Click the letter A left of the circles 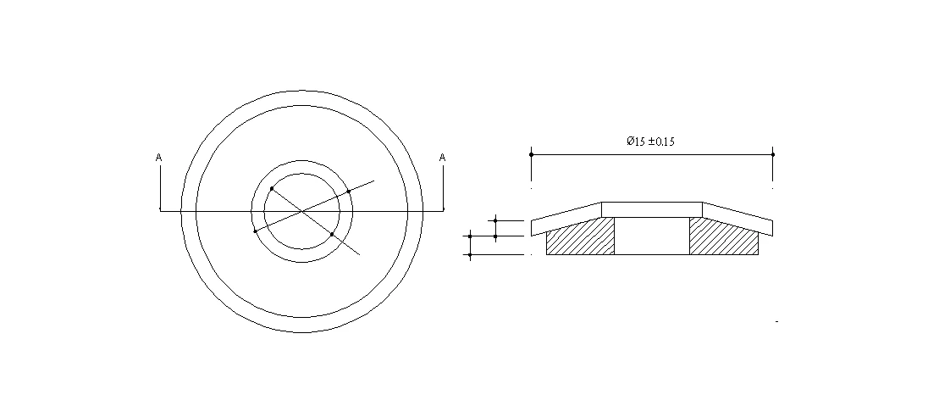click(159, 158)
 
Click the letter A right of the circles click(442, 158)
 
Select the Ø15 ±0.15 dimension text click(650, 142)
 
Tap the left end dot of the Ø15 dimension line click(531, 154)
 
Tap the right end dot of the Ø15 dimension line click(773, 154)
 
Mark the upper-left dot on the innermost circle click(271, 188)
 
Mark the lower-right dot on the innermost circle click(332, 234)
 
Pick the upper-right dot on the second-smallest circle click(349, 192)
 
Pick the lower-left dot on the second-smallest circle click(255, 231)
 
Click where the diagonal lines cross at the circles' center click(302, 211)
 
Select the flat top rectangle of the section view click(652, 209)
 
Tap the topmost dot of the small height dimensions click(495, 220)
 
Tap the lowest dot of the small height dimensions click(469, 254)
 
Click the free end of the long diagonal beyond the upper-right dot click(373, 181)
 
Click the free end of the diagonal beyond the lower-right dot click(360, 254)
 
